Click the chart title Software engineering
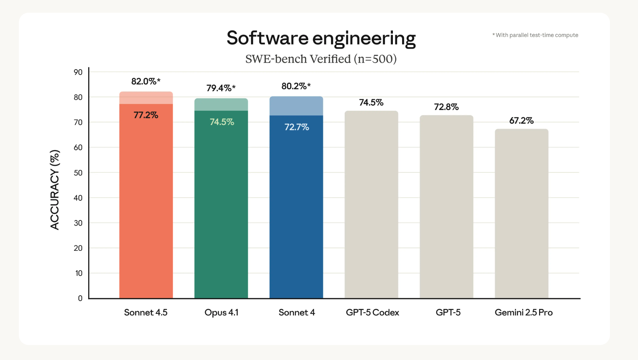(321, 38)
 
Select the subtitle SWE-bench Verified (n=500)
(321, 59)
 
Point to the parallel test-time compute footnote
(535, 35)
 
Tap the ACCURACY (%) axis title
(55, 190)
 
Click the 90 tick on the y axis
(78, 72)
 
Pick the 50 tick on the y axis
(78, 173)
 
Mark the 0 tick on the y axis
(80, 298)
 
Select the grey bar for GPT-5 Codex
(371, 204)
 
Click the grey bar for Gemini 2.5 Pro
(521, 213)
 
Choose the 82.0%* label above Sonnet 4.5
(146, 81)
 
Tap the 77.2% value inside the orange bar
(146, 115)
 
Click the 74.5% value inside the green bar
(222, 122)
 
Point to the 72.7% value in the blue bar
(296, 127)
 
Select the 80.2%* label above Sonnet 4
(296, 86)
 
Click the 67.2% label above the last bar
(521, 121)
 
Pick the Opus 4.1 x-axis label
(221, 312)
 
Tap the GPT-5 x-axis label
(448, 312)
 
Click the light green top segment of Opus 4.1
(221, 105)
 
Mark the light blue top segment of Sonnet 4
(296, 106)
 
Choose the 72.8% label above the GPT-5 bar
(446, 107)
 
